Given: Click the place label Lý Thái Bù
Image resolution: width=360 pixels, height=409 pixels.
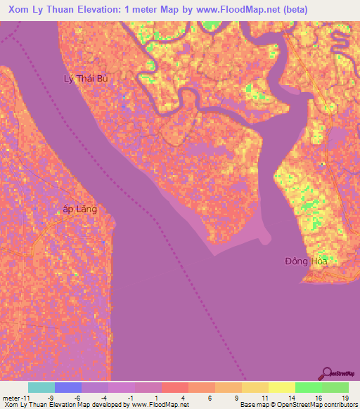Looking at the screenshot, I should click(x=86, y=79).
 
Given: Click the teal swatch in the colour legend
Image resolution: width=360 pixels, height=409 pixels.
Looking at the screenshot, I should click(x=41, y=387).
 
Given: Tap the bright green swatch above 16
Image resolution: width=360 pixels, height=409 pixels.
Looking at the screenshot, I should click(x=309, y=387).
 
